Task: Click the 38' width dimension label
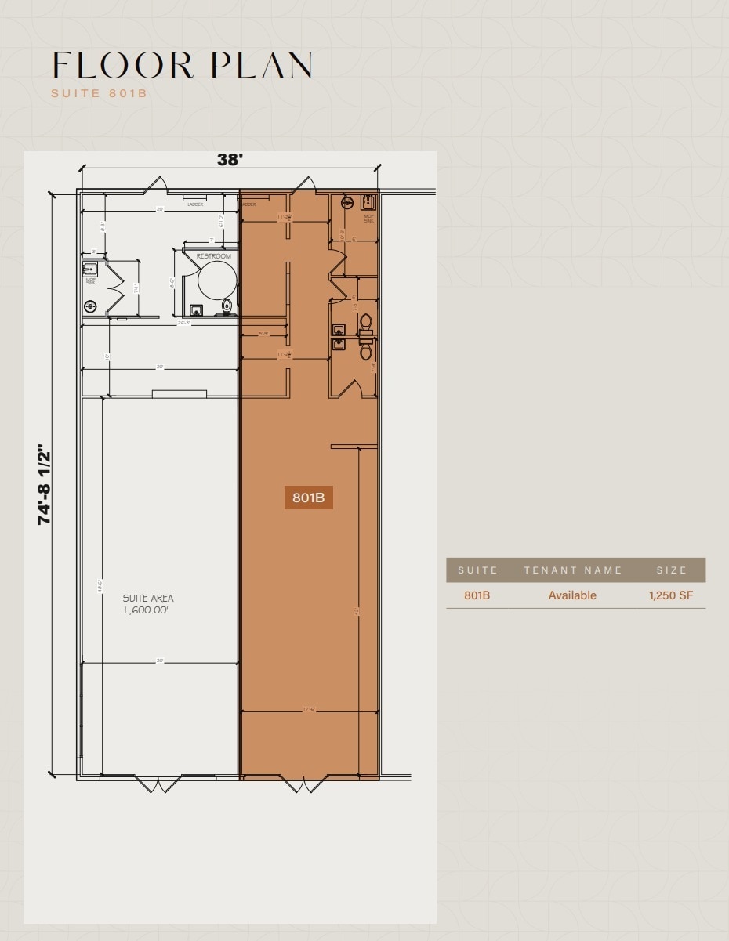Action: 230,159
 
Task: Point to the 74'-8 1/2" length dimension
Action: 45,486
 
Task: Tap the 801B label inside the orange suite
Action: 308,497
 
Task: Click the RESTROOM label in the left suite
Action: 214,256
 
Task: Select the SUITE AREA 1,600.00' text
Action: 147,604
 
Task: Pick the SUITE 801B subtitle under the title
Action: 99,93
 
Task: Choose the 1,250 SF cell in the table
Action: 670,595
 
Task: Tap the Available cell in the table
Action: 572,595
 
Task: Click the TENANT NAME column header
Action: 573,570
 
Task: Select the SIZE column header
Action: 672,570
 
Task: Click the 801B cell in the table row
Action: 477,595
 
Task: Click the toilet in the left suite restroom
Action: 227,306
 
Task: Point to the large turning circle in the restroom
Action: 217,280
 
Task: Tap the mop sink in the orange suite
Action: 368,202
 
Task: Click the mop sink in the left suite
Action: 89,271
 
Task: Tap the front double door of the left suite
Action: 158,783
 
